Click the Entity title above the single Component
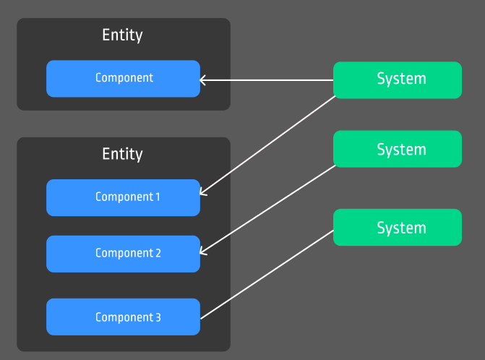pos(122,35)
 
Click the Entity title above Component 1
pos(122,154)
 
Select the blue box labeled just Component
pos(123,78)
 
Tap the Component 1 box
pos(123,197)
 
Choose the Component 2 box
pos(123,254)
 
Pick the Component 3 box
pos(123,317)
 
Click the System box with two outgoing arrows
pos(397,80)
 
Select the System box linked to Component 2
pos(397,149)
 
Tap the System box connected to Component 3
pos(397,227)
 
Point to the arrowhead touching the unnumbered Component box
pos(202,80)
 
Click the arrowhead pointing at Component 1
pos(202,193)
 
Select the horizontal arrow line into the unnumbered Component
pos(267,80)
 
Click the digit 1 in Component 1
pos(157,197)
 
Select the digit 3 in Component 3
pos(158,317)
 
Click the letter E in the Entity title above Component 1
pos(106,154)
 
